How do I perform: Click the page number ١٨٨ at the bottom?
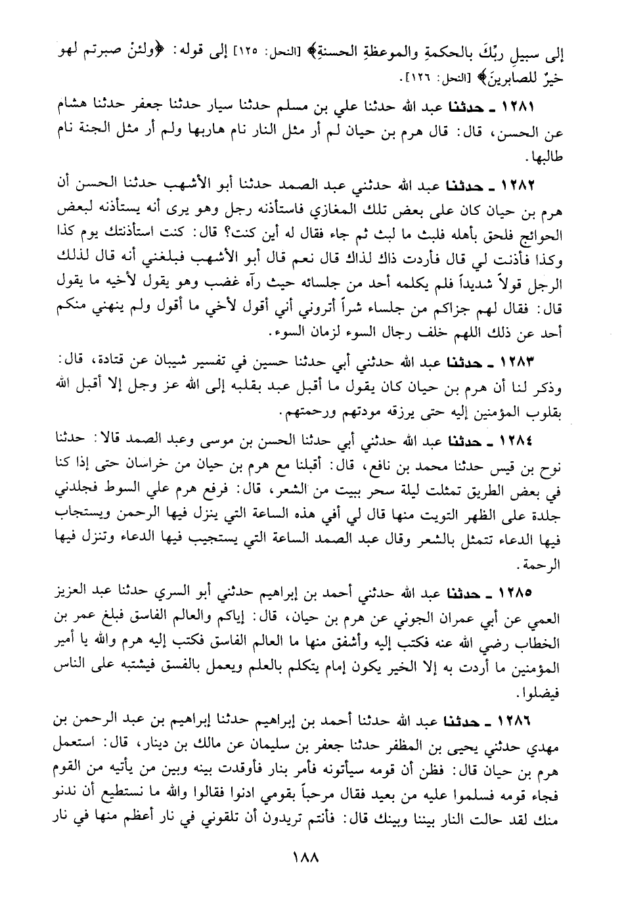312,858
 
